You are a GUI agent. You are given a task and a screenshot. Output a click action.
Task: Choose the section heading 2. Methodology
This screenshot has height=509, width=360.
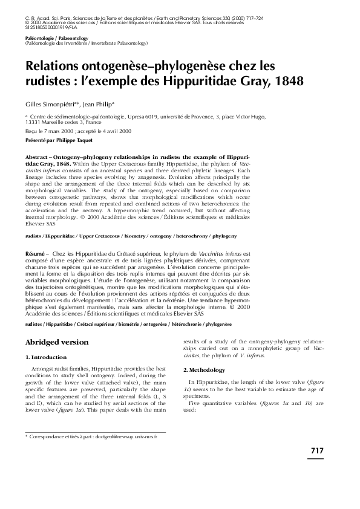tap(207, 369)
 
